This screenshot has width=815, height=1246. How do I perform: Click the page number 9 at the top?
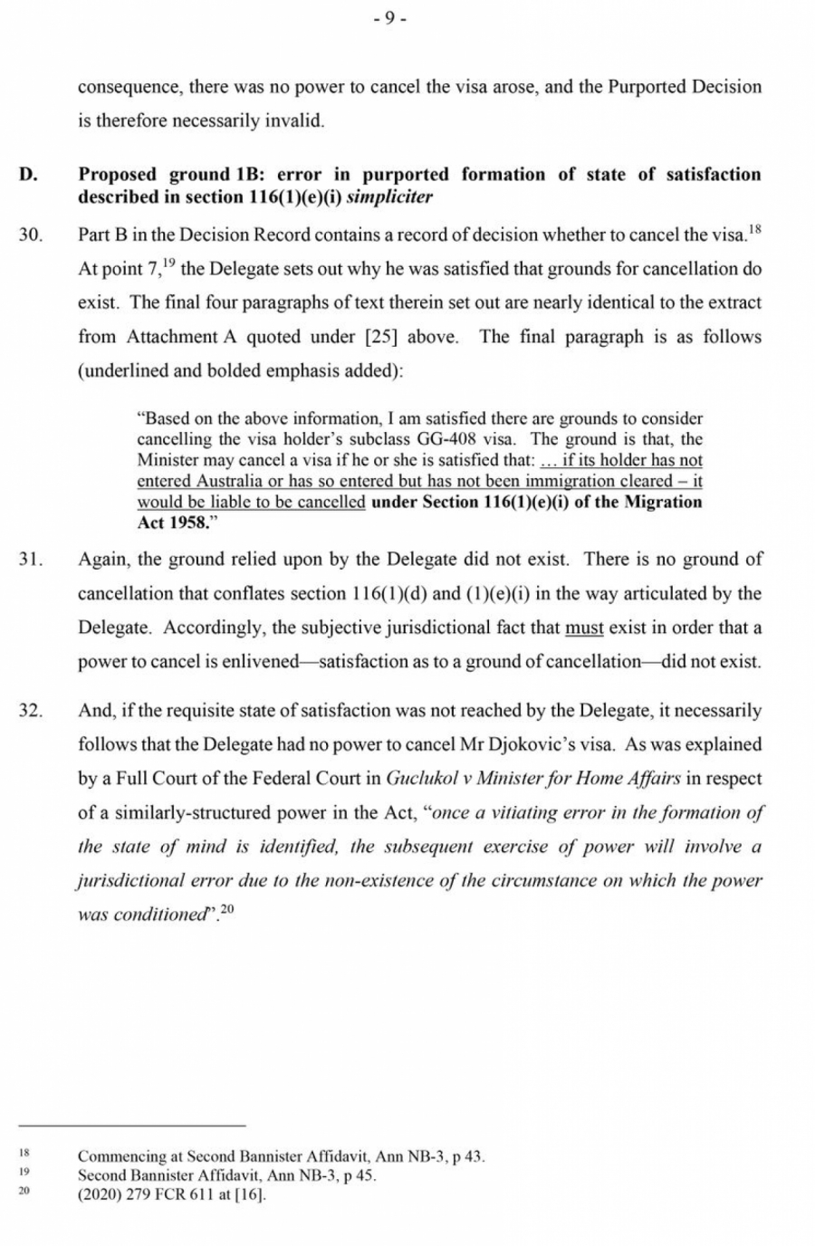point(389,19)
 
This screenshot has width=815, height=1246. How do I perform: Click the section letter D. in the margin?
point(28,175)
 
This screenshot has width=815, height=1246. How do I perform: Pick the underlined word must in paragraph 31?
point(584,628)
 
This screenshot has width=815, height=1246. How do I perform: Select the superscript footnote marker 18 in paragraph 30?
point(755,229)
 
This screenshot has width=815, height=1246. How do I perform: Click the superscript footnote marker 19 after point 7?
point(169,263)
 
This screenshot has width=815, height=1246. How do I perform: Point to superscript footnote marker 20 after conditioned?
point(227,909)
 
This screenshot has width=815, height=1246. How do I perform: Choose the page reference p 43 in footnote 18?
point(468,1156)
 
